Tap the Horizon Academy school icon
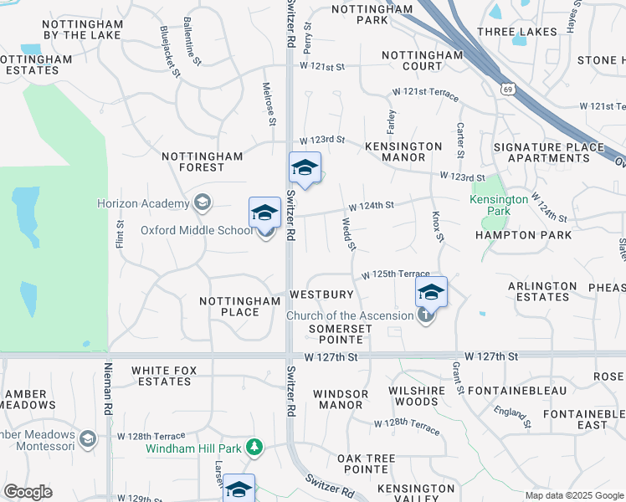(201, 202)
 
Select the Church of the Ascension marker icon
(426, 315)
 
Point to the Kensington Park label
(499, 206)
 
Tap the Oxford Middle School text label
(195, 230)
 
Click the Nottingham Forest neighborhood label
(202, 161)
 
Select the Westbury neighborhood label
(321, 295)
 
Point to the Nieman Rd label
(108, 390)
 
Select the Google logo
(28, 492)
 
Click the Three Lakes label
(516, 32)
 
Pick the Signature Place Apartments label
(548, 152)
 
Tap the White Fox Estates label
(161, 376)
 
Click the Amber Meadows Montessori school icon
(87, 438)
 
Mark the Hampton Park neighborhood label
(523, 235)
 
